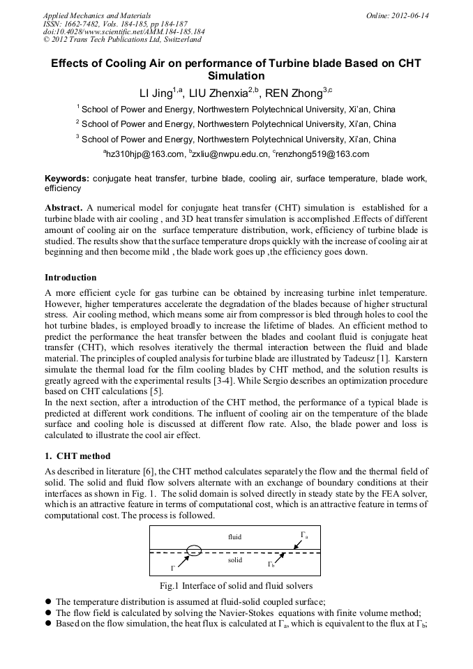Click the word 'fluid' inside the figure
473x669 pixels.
pos(234,537)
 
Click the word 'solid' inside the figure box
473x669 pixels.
pos(235,560)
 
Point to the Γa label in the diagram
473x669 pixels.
pos(304,535)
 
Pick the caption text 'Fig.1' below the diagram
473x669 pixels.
pos(170,585)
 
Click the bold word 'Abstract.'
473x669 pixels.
pos(64,209)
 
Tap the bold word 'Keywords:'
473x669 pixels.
pos(68,179)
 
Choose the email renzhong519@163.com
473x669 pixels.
pos(328,154)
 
